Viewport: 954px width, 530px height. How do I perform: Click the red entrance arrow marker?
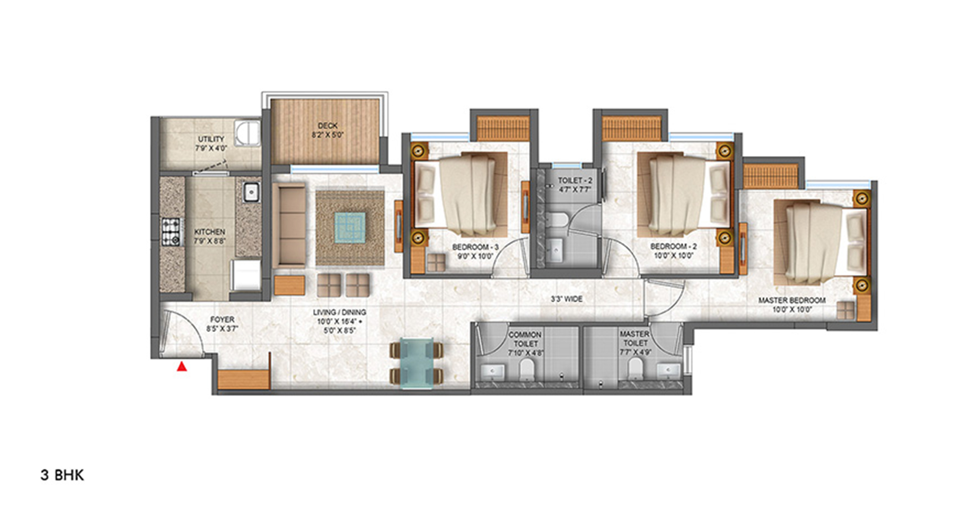coord(182,366)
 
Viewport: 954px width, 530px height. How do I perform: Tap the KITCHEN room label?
coord(209,232)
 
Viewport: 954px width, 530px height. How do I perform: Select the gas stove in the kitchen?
coord(171,231)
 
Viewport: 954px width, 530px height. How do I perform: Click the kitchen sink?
coord(250,192)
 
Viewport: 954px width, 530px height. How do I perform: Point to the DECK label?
coord(328,126)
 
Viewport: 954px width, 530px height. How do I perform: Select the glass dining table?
coord(416,363)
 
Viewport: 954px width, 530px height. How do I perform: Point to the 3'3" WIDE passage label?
coord(567,299)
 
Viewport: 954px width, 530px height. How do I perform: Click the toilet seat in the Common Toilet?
coord(527,369)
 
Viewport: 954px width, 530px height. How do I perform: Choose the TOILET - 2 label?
coord(575,181)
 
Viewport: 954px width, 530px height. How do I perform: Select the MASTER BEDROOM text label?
coord(792,301)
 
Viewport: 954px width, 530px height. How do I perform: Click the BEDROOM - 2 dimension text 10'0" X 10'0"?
coord(674,256)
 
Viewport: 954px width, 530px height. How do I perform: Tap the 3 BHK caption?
coord(62,475)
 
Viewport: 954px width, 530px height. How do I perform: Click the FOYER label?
coord(222,320)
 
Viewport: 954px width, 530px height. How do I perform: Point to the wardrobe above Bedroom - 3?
coord(504,128)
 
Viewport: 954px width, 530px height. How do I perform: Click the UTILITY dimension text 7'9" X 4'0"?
coord(211,148)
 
